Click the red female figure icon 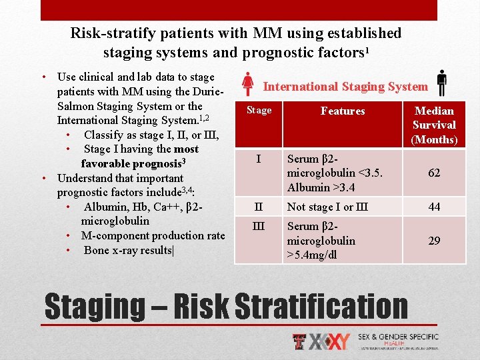click(x=247, y=84)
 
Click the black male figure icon click(x=441, y=84)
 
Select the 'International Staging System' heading click(x=345, y=86)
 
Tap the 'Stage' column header click(x=259, y=111)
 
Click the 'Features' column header click(x=343, y=111)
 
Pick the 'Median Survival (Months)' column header click(x=434, y=125)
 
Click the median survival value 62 click(x=434, y=173)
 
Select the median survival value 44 click(x=434, y=207)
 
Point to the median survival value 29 click(x=434, y=240)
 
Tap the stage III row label click(x=259, y=226)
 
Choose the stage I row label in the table click(x=259, y=159)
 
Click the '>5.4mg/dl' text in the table click(x=311, y=255)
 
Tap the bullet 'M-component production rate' click(x=153, y=235)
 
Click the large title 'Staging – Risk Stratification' click(x=225, y=306)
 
